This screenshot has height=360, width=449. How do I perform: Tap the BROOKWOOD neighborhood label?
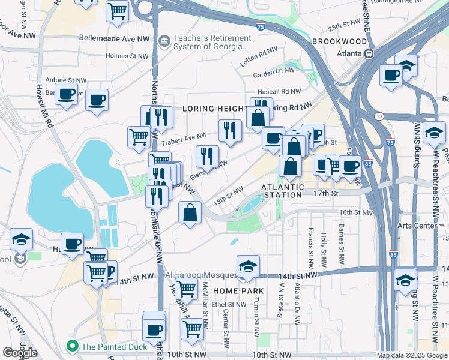click(x=339, y=41)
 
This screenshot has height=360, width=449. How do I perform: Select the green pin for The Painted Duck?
click(x=73, y=346)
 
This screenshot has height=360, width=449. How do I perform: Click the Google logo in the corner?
click(x=20, y=353)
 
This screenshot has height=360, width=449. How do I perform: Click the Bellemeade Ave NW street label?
click(x=114, y=38)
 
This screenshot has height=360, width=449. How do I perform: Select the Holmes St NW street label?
click(x=127, y=56)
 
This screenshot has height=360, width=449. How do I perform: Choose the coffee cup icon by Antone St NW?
click(x=67, y=94)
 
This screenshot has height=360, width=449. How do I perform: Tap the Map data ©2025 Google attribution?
click(x=411, y=355)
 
